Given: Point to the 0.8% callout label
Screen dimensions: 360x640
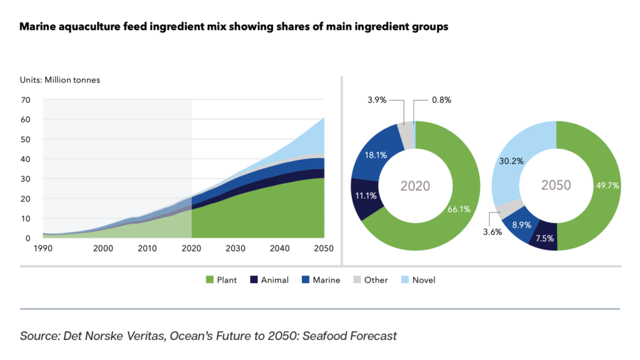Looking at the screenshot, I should (441, 100).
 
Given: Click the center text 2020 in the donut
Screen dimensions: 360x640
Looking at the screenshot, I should (415, 186).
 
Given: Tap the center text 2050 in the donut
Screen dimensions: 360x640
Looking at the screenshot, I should (556, 186).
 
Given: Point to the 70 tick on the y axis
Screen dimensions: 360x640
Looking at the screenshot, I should (26, 99).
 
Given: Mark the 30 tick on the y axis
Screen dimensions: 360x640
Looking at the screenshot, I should (26, 179).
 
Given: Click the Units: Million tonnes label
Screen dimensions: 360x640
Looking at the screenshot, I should (59, 80).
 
